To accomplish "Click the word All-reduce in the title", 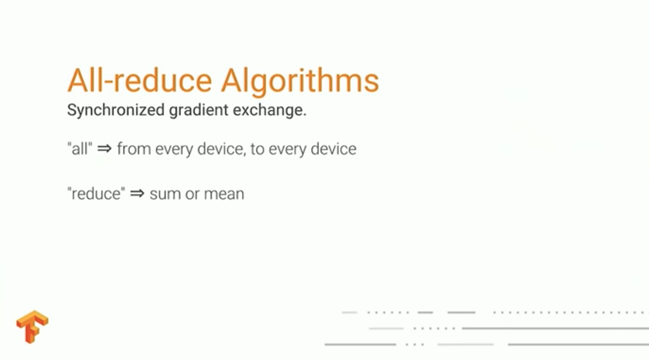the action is tap(140, 80).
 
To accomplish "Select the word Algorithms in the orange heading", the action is tap(300, 82).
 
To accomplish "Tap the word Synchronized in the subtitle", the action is tap(116, 111).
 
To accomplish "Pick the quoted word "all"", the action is tap(79, 148).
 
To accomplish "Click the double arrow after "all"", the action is tap(104, 149).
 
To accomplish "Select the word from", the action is tap(134, 148).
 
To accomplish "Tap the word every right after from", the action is tap(174, 150).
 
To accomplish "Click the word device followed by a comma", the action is tap(222, 149).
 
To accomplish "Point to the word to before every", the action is tap(257, 149).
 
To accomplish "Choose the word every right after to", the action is tap(287, 150).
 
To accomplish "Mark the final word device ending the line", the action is tap(334, 148).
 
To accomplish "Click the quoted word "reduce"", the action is tap(96, 193).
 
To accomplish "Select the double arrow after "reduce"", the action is tap(137, 193).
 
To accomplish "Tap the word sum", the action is tap(165, 194).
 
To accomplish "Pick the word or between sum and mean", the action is tap(192, 194).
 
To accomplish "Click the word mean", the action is tap(224, 194).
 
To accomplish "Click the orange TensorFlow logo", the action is tap(32, 327).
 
